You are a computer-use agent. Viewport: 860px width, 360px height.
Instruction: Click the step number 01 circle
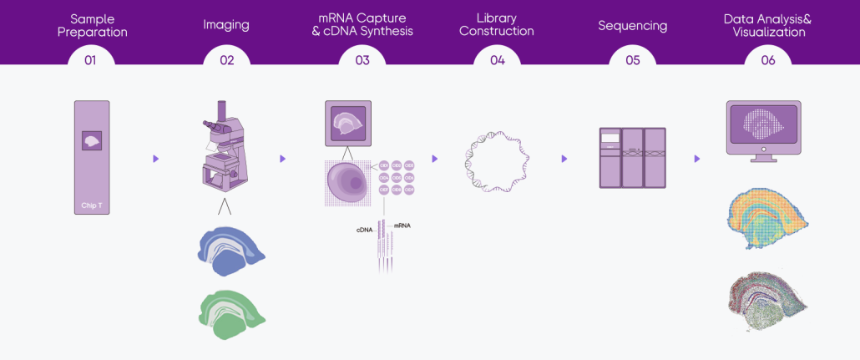[x=90, y=60]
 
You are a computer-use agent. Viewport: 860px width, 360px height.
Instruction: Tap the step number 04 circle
[x=497, y=60]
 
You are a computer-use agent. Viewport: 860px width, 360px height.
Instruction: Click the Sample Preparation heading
[x=92, y=25]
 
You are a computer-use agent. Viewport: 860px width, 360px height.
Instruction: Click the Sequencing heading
[x=632, y=25]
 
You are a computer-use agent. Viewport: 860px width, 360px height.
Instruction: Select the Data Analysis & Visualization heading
[x=767, y=25]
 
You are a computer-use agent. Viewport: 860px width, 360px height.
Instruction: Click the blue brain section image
[x=231, y=251]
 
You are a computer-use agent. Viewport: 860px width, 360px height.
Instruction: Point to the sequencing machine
[x=632, y=157]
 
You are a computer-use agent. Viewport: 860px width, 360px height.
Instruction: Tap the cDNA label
[x=364, y=229]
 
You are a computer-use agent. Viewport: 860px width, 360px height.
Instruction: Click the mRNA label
[x=402, y=226]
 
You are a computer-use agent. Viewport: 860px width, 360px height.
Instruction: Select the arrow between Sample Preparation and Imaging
[x=156, y=159]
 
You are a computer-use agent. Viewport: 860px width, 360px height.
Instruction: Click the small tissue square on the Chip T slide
[x=92, y=140]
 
